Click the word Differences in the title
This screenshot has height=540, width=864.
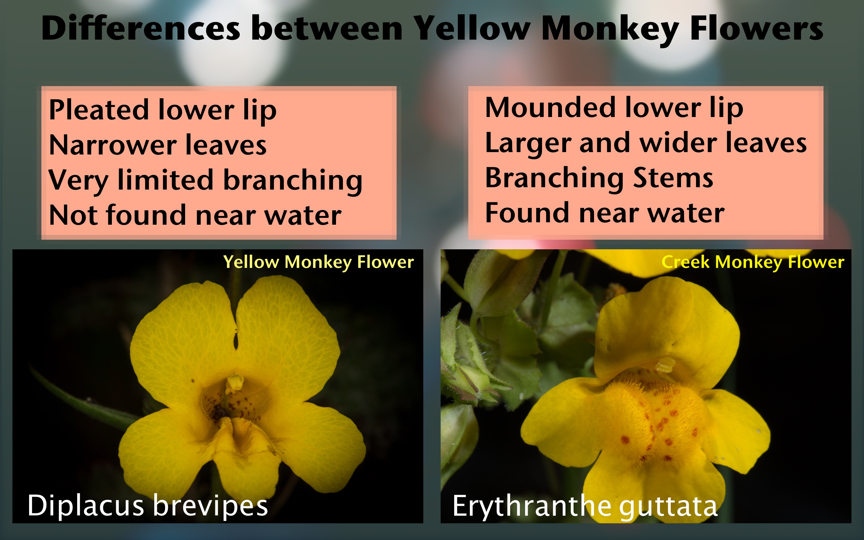point(141,28)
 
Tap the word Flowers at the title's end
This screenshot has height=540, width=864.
point(757,28)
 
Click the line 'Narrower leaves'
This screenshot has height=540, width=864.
point(158,145)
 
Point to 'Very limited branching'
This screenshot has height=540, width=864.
point(205,181)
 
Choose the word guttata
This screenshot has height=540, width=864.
point(668,507)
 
